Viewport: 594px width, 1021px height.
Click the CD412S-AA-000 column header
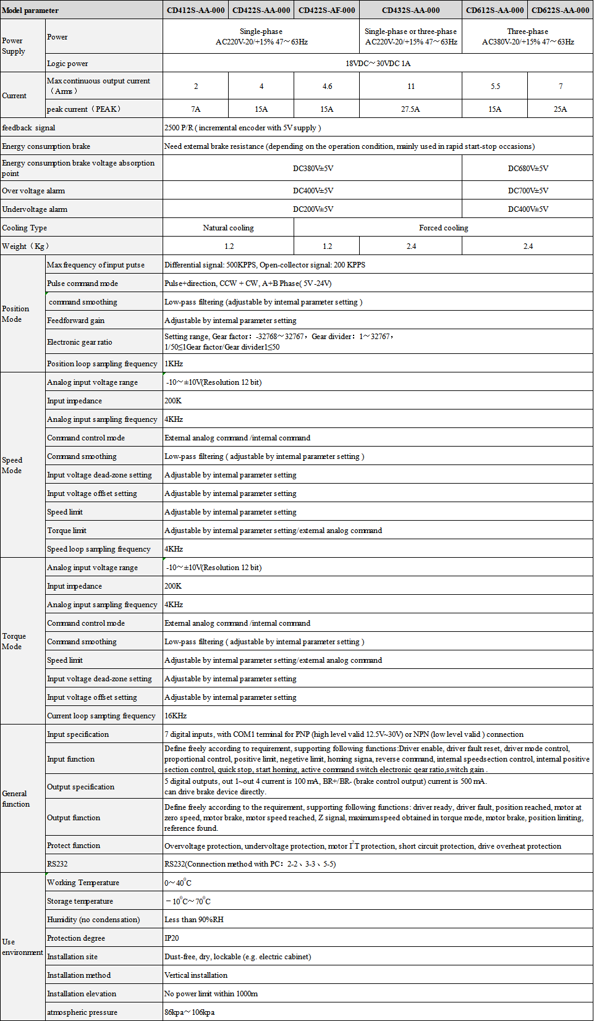tap(195, 11)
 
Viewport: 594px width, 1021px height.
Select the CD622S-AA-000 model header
tap(560, 11)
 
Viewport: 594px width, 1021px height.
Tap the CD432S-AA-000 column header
tap(410, 11)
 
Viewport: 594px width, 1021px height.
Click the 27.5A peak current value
tap(410, 109)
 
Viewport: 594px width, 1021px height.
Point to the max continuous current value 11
tap(411, 86)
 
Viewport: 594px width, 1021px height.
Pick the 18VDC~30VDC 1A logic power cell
tap(378, 64)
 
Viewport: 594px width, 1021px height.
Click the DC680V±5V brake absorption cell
tap(528, 169)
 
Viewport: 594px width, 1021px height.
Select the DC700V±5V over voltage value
tap(528, 191)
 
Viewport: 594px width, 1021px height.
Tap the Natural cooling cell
tap(228, 228)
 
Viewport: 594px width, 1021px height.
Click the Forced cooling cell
tap(443, 228)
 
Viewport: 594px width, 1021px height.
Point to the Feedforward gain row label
tap(76, 321)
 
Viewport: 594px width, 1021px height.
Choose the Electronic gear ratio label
tap(80, 342)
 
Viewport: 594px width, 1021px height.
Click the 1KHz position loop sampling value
tap(174, 364)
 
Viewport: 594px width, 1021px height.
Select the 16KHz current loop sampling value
tap(176, 716)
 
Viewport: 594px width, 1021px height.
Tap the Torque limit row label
tap(67, 531)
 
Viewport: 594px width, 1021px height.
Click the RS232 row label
tap(57, 864)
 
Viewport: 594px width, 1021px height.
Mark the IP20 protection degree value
tap(172, 938)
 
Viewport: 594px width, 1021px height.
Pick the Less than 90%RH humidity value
tap(194, 920)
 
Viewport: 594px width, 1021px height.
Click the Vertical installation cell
tap(196, 975)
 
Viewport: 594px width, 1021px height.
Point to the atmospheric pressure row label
tap(82, 1012)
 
